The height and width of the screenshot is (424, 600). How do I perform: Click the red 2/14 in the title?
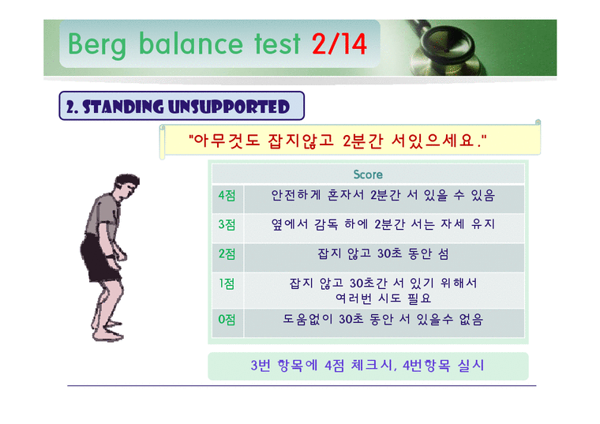pyautogui.click(x=339, y=43)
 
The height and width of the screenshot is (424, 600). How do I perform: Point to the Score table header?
pyautogui.click(x=367, y=174)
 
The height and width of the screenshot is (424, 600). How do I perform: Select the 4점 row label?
pyautogui.click(x=227, y=195)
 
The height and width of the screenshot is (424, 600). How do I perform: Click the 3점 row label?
pyautogui.click(x=227, y=224)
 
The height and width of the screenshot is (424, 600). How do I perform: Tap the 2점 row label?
pyautogui.click(x=227, y=254)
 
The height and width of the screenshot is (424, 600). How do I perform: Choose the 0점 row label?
pyautogui.click(x=227, y=320)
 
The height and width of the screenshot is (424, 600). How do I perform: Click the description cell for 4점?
pyautogui.click(x=383, y=195)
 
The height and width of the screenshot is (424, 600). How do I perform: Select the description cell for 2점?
pyautogui.click(x=383, y=254)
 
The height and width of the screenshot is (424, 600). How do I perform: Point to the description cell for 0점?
pyautogui.click(x=383, y=320)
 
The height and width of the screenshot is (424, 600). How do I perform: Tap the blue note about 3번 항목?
pyautogui.click(x=367, y=366)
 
